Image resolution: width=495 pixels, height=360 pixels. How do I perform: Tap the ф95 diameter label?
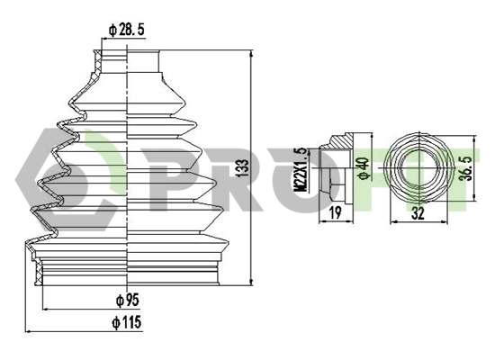point(127,300)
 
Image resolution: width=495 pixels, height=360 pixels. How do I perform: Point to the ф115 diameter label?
point(127,321)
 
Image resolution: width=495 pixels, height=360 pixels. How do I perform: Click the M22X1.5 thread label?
point(302,171)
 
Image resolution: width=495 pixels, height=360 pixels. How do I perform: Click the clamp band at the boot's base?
point(127,268)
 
